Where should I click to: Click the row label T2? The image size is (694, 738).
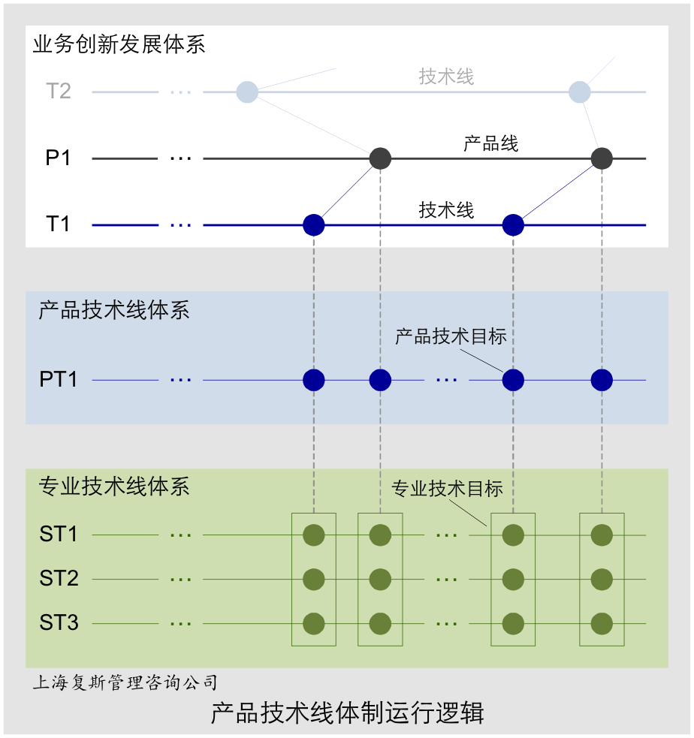(59, 92)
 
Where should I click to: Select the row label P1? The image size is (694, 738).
(59, 158)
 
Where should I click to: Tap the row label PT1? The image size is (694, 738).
(59, 380)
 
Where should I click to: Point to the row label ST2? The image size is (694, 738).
(59, 579)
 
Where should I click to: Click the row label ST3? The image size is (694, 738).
(59, 623)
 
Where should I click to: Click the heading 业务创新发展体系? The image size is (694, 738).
(119, 44)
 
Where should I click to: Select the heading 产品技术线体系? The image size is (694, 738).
(114, 310)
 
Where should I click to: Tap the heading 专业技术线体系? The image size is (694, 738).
(114, 486)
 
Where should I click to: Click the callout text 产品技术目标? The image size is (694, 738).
(451, 336)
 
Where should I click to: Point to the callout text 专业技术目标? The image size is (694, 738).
(447, 489)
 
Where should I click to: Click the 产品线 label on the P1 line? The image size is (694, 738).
(490, 143)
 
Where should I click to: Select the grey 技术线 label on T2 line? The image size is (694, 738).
(446, 77)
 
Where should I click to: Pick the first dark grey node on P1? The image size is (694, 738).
(381, 158)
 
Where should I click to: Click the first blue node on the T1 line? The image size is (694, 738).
(313, 224)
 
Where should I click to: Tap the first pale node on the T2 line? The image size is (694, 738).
(247, 92)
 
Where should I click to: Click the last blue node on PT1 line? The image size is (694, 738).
(602, 380)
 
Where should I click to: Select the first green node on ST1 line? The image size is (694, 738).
(313, 535)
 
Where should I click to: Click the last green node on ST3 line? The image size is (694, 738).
(602, 623)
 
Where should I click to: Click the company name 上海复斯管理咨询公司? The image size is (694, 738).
(125, 682)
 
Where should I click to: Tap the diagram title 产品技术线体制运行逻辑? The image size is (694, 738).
(347, 712)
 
